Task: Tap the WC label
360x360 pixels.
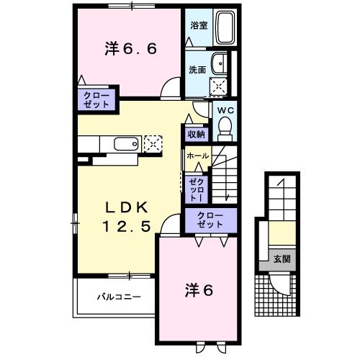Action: [x=223, y=111]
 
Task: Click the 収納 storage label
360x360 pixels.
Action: [x=196, y=134]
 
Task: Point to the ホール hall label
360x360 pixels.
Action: [x=197, y=156]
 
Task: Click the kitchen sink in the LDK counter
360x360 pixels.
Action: [x=125, y=143]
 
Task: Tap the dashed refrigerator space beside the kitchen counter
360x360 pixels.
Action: [x=153, y=143]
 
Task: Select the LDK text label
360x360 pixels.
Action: [x=130, y=207]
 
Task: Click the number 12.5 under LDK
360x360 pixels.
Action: [x=130, y=225]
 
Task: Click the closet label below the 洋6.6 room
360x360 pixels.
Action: [x=96, y=100]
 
